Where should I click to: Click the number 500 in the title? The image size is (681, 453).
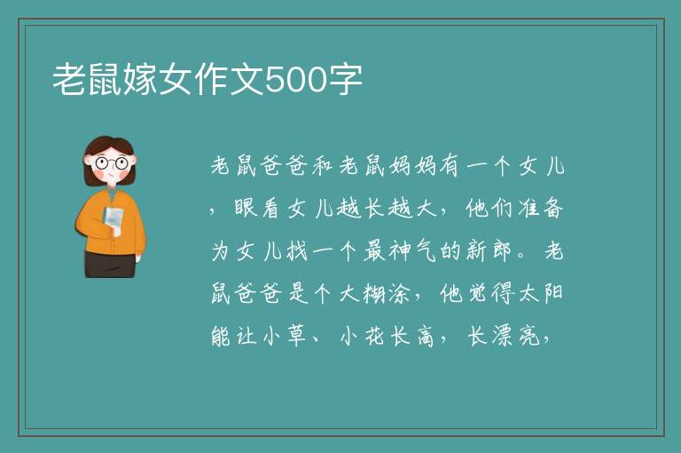[295, 80]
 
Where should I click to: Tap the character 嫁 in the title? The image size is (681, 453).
[140, 80]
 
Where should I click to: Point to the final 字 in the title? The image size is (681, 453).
[345, 80]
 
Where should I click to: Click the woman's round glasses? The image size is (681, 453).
[111, 163]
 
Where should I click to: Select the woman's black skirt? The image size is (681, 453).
[110, 264]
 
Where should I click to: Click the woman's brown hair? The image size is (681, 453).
[107, 157]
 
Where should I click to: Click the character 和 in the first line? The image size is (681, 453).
[322, 166]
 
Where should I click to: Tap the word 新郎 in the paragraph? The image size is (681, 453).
[489, 250]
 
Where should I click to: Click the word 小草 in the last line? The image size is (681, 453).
[285, 336]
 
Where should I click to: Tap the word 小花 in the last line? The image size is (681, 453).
[362, 336]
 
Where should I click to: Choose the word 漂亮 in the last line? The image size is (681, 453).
[516, 336]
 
